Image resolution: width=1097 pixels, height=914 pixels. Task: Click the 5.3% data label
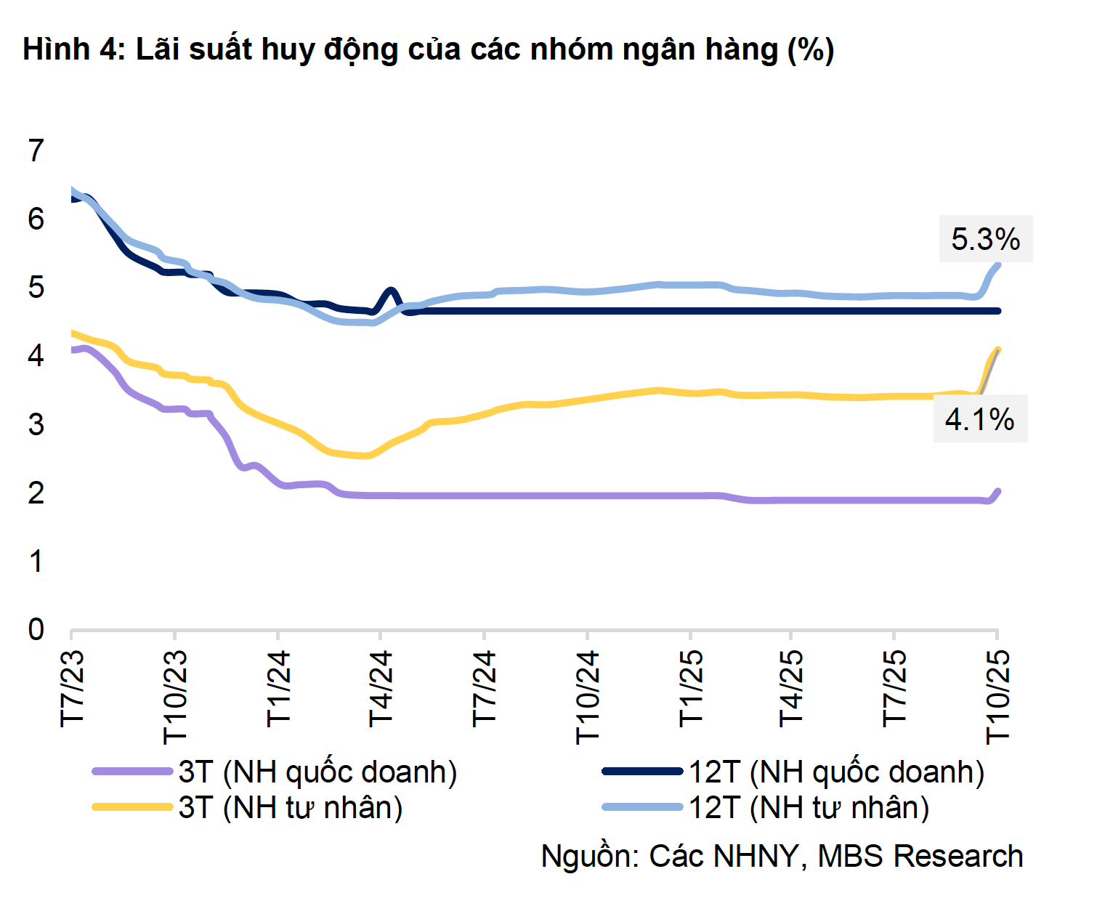pyautogui.click(x=985, y=239)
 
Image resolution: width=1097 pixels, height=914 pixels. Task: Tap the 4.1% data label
pyautogui.click(x=979, y=419)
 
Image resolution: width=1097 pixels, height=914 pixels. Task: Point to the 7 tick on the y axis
pyautogui.click(x=36, y=150)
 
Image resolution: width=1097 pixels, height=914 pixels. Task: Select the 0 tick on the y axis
pyautogui.click(x=36, y=629)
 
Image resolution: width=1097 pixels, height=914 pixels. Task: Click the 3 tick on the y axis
pyautogui.click(x=36, y=424)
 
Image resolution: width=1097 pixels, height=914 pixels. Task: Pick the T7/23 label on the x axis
pyautogui.click(x=73, y=688)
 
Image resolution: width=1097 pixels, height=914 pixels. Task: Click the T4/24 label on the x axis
pyautogui.click(x=381, y=688)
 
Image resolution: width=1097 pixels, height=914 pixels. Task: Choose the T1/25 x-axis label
pyautogui.click(x=690, y=688)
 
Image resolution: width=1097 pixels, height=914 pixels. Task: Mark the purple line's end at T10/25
pyautogui.click(x=997, y=492)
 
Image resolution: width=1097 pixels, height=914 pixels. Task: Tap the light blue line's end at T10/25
pyautogui.click(x=997, y=265)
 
